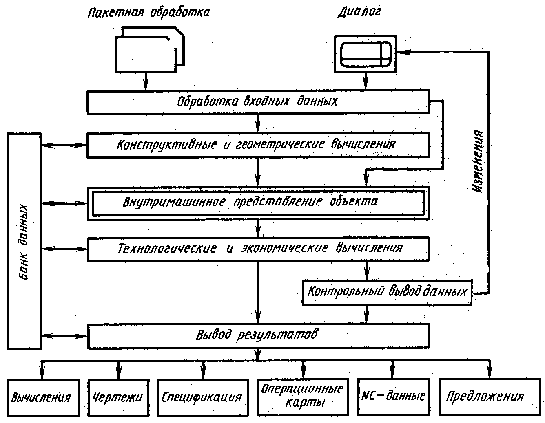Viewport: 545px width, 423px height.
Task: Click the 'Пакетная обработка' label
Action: coord(149,13)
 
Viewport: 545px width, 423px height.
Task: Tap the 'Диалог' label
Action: coord(359,13)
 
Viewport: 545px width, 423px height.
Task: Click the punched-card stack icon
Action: coord(149,51)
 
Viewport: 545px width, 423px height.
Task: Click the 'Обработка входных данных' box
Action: coord(258,101)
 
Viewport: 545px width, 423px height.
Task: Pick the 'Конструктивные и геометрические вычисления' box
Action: coord(258,145)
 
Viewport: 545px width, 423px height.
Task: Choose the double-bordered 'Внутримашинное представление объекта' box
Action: coord(258,203)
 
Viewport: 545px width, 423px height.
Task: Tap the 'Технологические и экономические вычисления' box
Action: coord(258,249)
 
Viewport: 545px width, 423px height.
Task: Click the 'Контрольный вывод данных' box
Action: coord(387,292)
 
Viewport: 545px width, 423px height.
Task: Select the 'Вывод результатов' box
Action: coord(258,336)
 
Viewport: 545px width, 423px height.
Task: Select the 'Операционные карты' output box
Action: coord(302,396)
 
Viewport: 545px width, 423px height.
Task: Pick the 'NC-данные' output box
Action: coord(393,396)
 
